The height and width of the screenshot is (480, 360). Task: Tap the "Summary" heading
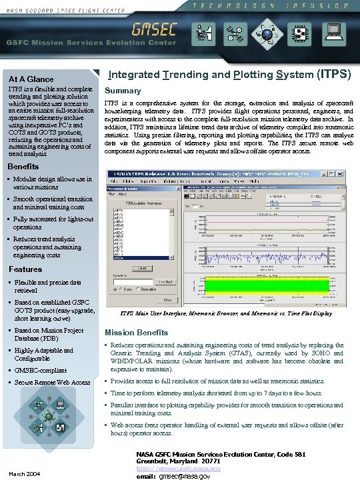coord(123,90)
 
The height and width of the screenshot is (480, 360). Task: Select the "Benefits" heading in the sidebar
coord(23,166)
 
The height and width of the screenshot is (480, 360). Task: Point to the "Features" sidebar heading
coord(25,269)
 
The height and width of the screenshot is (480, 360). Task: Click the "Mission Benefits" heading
coord(137,332)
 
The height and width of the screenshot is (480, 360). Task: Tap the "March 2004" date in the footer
coord(23,474)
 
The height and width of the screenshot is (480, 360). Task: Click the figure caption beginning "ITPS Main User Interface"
coord(225,313)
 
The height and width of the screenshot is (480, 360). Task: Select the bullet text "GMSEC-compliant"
coord(41,370)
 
